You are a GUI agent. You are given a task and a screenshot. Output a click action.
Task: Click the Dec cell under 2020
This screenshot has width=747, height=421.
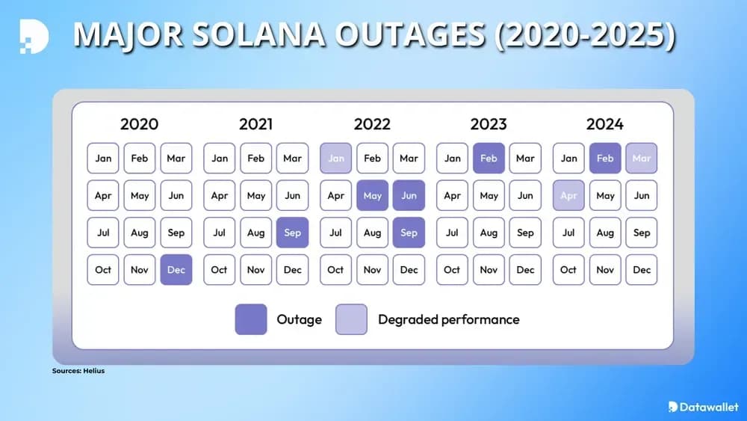coord(176,270)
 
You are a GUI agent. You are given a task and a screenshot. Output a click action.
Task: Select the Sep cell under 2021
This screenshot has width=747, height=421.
coord(292,233)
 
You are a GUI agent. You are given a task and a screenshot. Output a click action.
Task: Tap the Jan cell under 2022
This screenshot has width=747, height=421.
coord(336,159)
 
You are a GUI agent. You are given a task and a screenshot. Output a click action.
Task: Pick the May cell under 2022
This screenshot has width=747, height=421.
coord(372,196)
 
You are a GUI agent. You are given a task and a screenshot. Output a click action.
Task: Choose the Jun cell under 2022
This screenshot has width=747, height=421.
coord(409,196)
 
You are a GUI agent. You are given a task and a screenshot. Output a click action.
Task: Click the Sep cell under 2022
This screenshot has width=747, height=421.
coord(409,233)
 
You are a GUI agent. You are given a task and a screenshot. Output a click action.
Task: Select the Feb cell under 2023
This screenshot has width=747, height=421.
coord(489,159)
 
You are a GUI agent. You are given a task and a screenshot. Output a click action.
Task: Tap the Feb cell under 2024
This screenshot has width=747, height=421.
coord(605,159)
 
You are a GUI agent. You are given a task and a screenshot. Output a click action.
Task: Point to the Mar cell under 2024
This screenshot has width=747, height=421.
coord(642,159)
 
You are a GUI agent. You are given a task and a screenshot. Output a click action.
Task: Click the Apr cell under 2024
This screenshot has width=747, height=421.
coord(568,196)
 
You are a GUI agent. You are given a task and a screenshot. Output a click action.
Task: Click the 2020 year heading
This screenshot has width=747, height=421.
coord(139,124)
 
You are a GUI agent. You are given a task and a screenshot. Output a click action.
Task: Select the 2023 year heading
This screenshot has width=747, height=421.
coord(489,124)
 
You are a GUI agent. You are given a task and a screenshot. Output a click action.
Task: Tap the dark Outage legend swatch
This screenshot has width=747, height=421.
coord(251,319)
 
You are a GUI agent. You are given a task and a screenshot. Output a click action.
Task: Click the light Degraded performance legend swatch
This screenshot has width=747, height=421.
coord(351,319)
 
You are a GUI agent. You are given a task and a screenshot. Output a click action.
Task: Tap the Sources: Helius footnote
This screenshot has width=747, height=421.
coord(78,371)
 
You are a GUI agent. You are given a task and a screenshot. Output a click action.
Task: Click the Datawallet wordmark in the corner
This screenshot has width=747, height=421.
coord(703,407)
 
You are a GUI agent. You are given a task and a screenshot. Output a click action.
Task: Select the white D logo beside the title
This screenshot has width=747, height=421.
coord(34,36)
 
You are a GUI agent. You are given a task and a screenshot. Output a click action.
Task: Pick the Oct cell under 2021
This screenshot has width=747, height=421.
coord(219,270)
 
